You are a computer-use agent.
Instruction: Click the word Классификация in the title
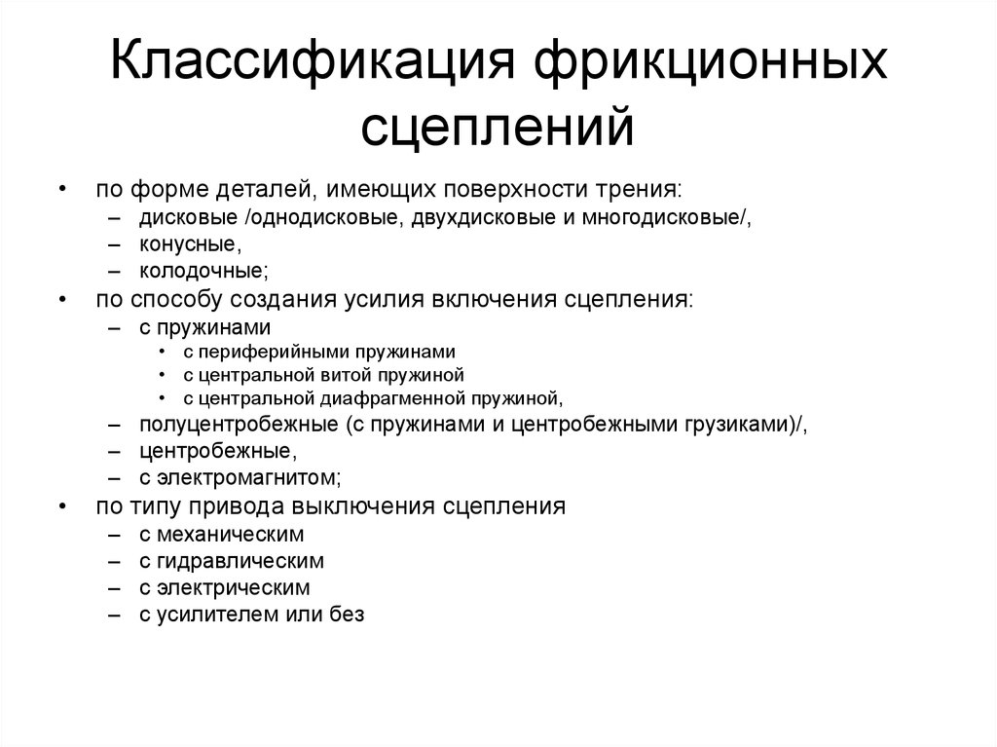coord(312,62)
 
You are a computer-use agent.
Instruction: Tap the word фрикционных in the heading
coord(710,62)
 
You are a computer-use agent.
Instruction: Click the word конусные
coord(188,244)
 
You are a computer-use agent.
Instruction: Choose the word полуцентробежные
coord(240,425)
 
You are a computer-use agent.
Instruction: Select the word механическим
coord(230,535)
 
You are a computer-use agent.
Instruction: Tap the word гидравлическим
coord(240,561)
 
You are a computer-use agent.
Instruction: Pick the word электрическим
coord(234,588)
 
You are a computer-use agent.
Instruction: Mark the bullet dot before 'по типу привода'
coord(62,506)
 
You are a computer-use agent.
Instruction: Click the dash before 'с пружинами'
coord(115,328)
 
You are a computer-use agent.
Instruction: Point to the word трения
coord(638,190)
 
